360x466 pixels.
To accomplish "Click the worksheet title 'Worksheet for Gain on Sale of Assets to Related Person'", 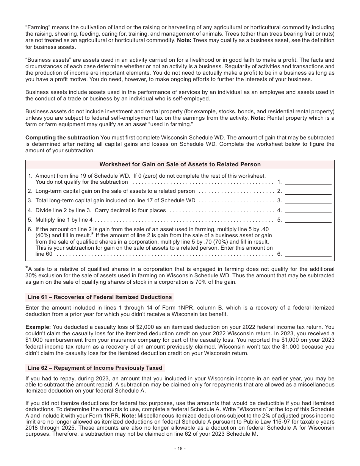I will tap(180, 164).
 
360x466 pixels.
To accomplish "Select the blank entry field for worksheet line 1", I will tap(308, 181).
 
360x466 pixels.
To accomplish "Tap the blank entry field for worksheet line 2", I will tap(308, 191).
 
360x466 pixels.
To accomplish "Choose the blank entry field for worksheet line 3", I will tap(308, 200).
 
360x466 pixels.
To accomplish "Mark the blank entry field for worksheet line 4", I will tap(308, 210).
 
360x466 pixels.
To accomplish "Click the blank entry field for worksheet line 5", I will tap(308, 219).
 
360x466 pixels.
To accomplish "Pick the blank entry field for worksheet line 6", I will tap(308, 254).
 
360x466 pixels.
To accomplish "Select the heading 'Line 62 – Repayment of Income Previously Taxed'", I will tap(95, 368).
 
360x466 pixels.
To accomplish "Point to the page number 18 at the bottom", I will tap(180, 449).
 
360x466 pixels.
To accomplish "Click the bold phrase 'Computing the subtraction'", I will tap(62, 137).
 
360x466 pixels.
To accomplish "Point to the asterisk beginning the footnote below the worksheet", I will tap(27, 268).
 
